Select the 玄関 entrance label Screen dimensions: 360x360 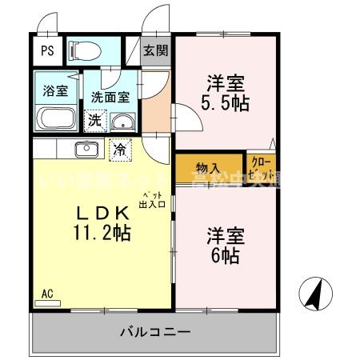click(x=156, y=50)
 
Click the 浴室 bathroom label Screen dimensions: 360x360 click(x=54, y=90)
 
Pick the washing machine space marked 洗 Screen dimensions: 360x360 click(x=94, y=121)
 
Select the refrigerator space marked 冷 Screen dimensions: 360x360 click(x=119, y=149)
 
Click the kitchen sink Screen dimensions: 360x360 click(x=86, y=149)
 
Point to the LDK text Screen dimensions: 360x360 click(x=102, y=214)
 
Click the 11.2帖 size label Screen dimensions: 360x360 click(x=102, y=234)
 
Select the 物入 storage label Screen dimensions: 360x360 click(x=209, y=169)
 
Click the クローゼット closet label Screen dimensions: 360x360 click(x=262, y=168)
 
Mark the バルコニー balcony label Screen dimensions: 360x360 click(x=155, y=331)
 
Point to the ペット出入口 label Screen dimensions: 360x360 click(x=153, y=200)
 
